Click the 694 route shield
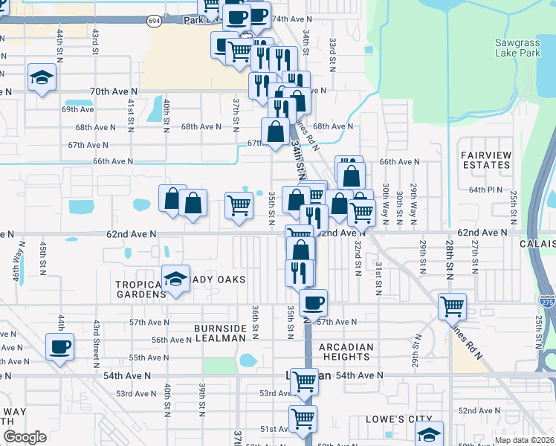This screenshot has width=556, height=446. click(154, 22)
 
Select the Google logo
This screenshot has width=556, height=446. click(25, 437)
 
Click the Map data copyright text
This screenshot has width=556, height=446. click(524, 440)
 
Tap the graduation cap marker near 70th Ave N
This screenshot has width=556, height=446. click(42, 77)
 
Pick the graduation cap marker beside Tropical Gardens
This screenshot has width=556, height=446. click(175, 279)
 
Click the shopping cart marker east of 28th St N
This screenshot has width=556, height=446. click(452, 306)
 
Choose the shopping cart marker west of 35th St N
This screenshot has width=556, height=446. click(239, 204)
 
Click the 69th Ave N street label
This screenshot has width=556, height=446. click(77, 109)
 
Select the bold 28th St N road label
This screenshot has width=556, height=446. click(450, 256)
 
